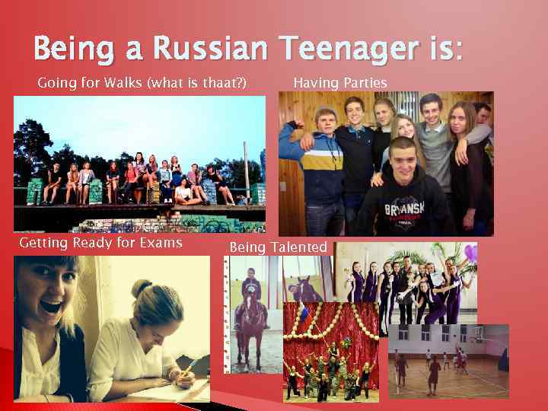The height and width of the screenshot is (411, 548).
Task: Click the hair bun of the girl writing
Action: [x=141, y=288]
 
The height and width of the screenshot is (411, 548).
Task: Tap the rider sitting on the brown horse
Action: [x=250, y=289]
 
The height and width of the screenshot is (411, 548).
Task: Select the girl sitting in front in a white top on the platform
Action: [x=183, y=193]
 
